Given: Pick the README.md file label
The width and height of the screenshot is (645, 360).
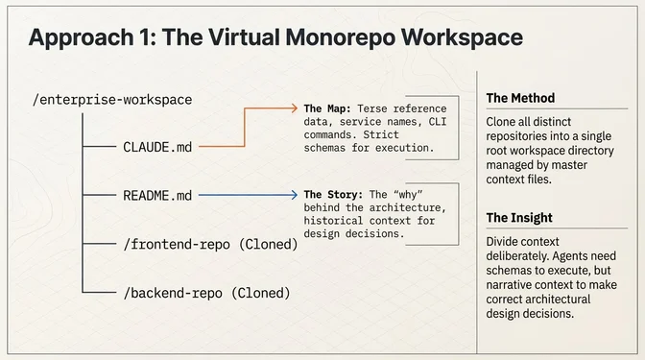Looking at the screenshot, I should (x=158, y=196).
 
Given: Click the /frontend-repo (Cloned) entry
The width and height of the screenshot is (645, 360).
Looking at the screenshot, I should (x=211, y=244).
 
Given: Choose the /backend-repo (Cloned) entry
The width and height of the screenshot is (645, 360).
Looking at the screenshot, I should (x=207, y=292).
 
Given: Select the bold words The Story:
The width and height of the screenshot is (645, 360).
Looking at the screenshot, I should (x=338, y=194).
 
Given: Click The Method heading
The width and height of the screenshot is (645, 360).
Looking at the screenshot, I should (x=520, y=98).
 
